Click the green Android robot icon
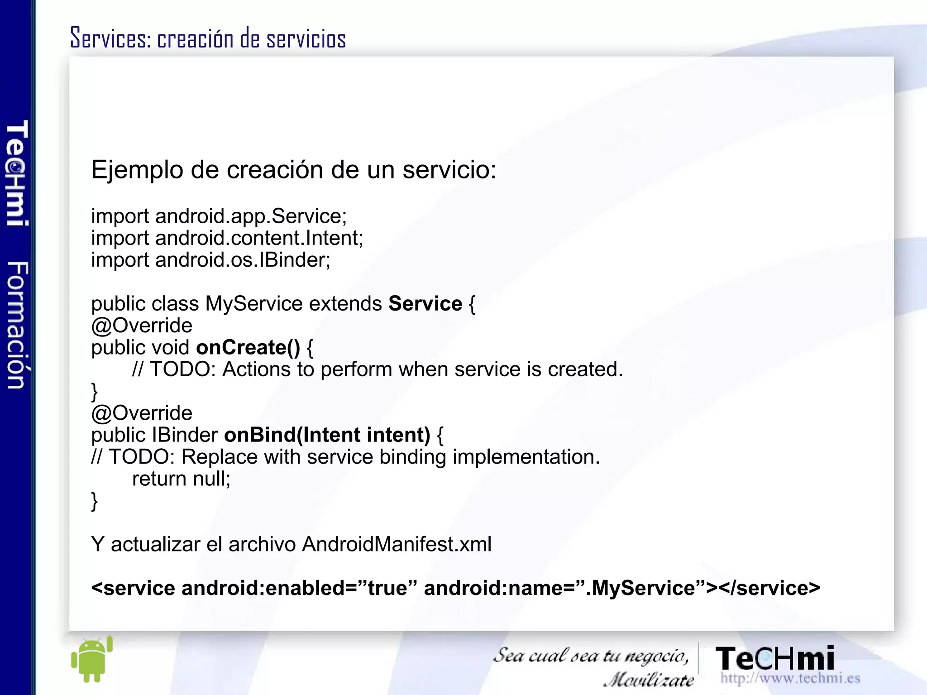(92, 659)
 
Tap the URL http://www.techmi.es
(790, 678)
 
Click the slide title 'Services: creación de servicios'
(208, 38)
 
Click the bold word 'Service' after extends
(425, 303)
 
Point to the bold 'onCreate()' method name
(248, 347)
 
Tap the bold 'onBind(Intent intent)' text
(327, 435)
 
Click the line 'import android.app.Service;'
(219, 216)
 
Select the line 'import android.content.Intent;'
(227, 238)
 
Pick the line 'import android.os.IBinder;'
(211, 260)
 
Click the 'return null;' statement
(181, 479)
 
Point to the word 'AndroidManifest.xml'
(397, 544)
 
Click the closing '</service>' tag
(769, 588)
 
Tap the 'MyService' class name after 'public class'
(253, 303)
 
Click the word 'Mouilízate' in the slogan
(648, 680)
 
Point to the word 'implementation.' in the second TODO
(526, 457)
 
